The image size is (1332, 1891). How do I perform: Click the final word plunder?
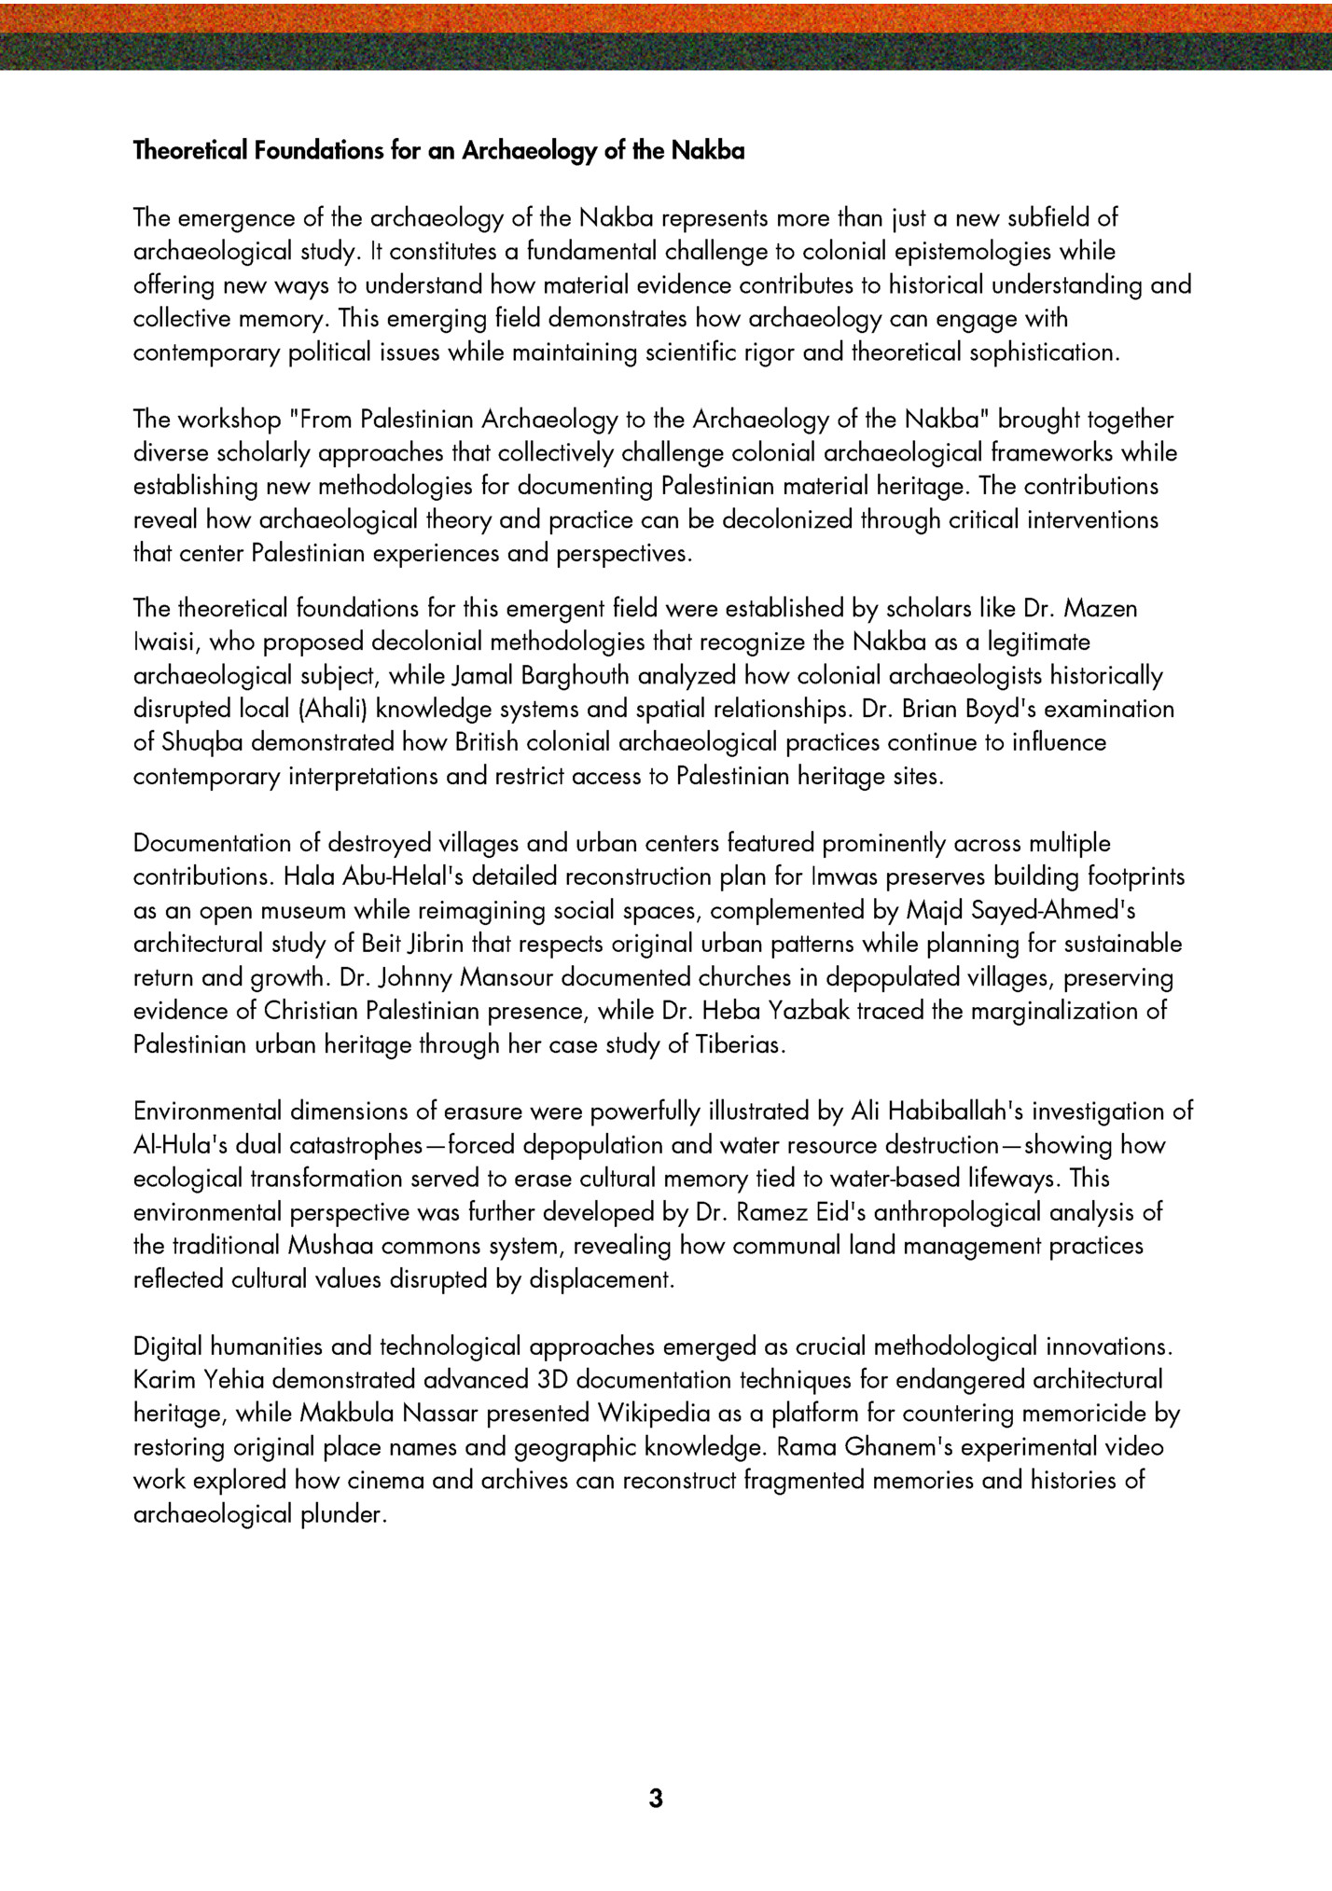point(341,1515)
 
